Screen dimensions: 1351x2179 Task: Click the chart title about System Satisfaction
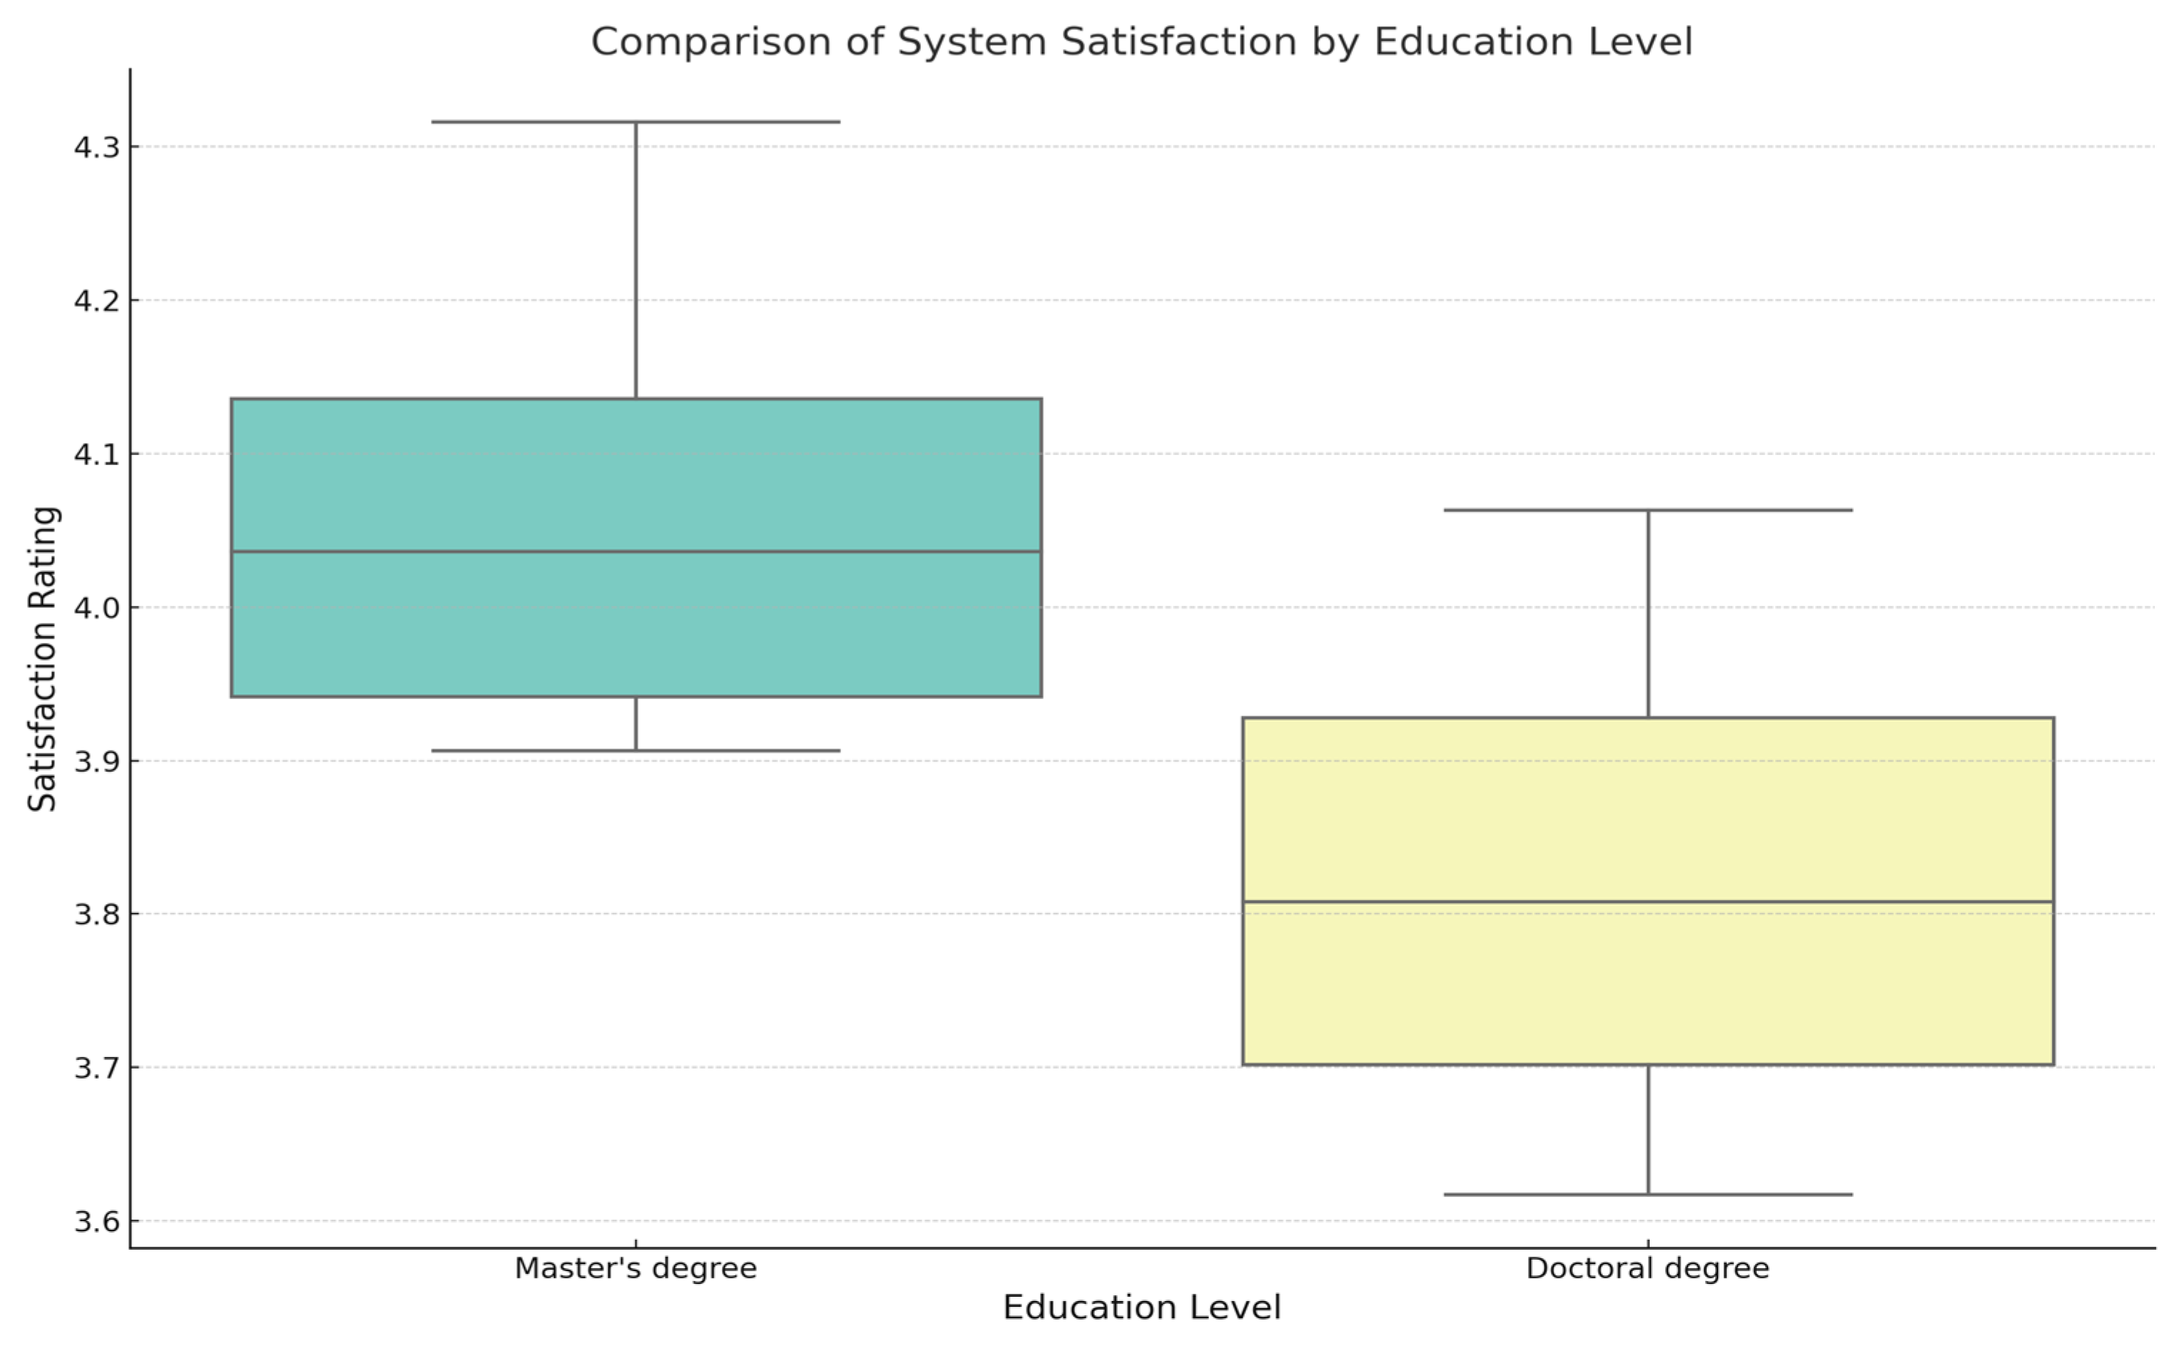1141,42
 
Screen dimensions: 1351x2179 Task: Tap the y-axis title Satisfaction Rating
42,658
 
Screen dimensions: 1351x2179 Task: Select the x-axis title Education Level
1141,1307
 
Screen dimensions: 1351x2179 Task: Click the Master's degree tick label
636,1268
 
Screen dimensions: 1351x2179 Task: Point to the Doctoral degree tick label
1646,1268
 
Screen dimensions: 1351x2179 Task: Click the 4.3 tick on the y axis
96,146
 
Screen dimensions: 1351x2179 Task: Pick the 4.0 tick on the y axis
96,608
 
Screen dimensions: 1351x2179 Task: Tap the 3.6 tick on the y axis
96,1221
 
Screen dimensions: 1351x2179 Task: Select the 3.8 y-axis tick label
96,914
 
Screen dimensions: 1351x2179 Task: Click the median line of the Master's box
636,551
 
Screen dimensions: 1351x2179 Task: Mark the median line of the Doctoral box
1646,902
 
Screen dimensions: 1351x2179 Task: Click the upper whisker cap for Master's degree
636,121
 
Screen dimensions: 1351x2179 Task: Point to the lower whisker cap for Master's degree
636,750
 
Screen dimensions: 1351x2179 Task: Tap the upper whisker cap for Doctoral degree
1646,510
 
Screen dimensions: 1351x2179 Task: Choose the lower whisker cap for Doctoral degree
1646,1194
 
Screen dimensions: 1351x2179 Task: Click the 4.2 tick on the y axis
96,300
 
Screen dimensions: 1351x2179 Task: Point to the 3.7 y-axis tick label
96,1068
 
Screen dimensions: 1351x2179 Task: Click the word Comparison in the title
710,42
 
